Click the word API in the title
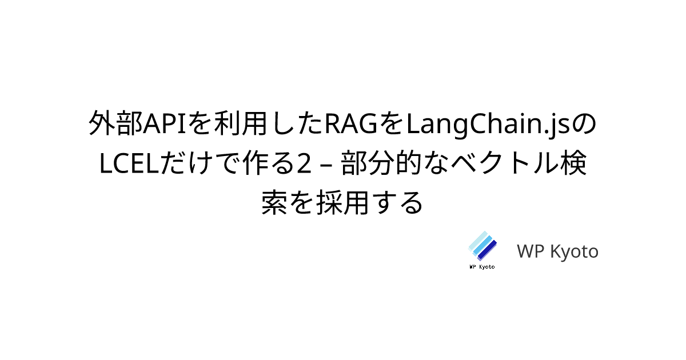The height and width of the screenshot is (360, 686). click(165, 124)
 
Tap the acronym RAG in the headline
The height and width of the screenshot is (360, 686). click(351, 124)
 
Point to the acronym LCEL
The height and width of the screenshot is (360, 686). click(130, 163)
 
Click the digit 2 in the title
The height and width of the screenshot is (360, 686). click(304, 163)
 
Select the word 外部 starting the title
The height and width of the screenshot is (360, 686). click(115, 123)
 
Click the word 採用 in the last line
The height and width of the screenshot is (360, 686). click(342, 202)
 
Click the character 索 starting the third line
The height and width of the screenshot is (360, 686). click(274, 202)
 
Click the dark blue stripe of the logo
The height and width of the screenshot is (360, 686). click(487, 250)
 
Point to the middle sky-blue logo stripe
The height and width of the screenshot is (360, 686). click(482, 246)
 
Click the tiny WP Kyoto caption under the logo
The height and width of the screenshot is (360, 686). click(482, 267)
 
